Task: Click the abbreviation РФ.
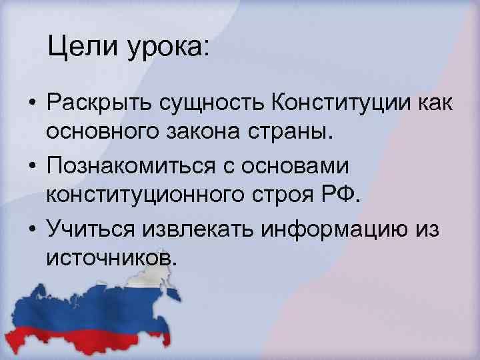345,196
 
